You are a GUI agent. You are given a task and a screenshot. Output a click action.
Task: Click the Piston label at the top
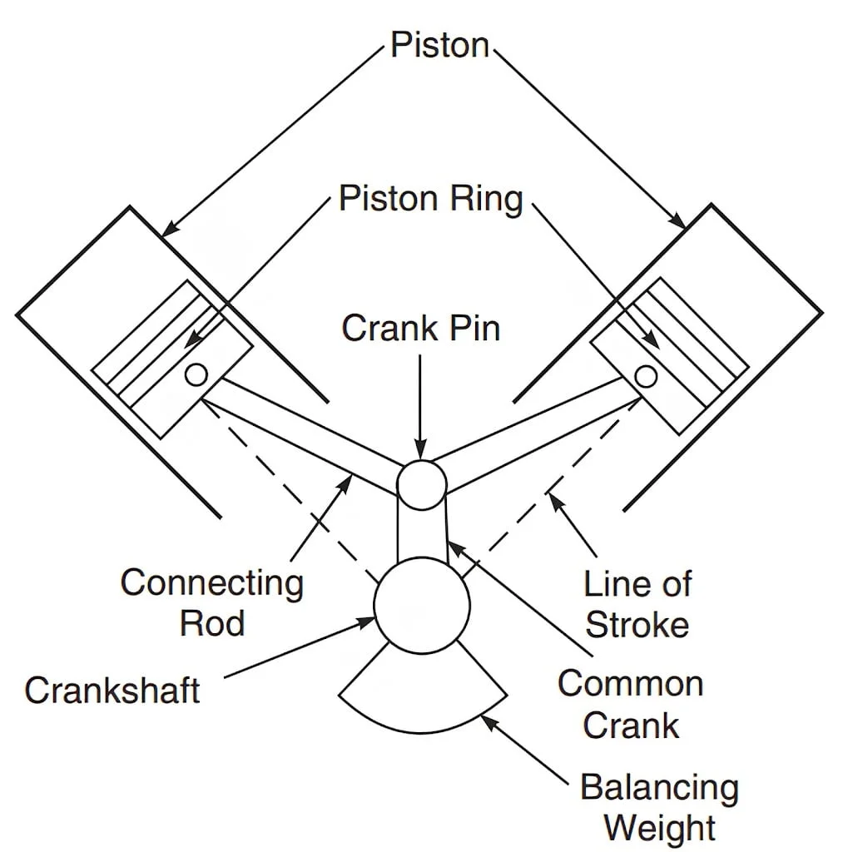[x=440, y=46]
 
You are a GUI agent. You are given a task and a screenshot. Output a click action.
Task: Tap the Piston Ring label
[x=430, y=200]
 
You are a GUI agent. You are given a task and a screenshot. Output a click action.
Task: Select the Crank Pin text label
[x=421, y=328]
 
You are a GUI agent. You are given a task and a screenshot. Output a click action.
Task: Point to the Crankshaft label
[x=112, y=690]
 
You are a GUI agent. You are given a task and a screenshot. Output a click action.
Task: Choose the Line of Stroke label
[x=637, y=604]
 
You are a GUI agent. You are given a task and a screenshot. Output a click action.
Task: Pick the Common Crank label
[x=631, y=704]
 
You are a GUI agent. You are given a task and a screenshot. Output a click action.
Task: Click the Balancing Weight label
[x=660, y=807]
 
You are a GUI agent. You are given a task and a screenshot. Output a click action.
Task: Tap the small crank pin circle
[x=421, y=483]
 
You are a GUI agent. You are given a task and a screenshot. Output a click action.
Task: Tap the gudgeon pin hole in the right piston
[x=645, y=377]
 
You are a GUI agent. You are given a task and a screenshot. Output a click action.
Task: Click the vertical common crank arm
[x=421, y=532]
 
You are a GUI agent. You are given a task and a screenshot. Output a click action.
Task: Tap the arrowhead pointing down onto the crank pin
[x=421, y=454]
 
